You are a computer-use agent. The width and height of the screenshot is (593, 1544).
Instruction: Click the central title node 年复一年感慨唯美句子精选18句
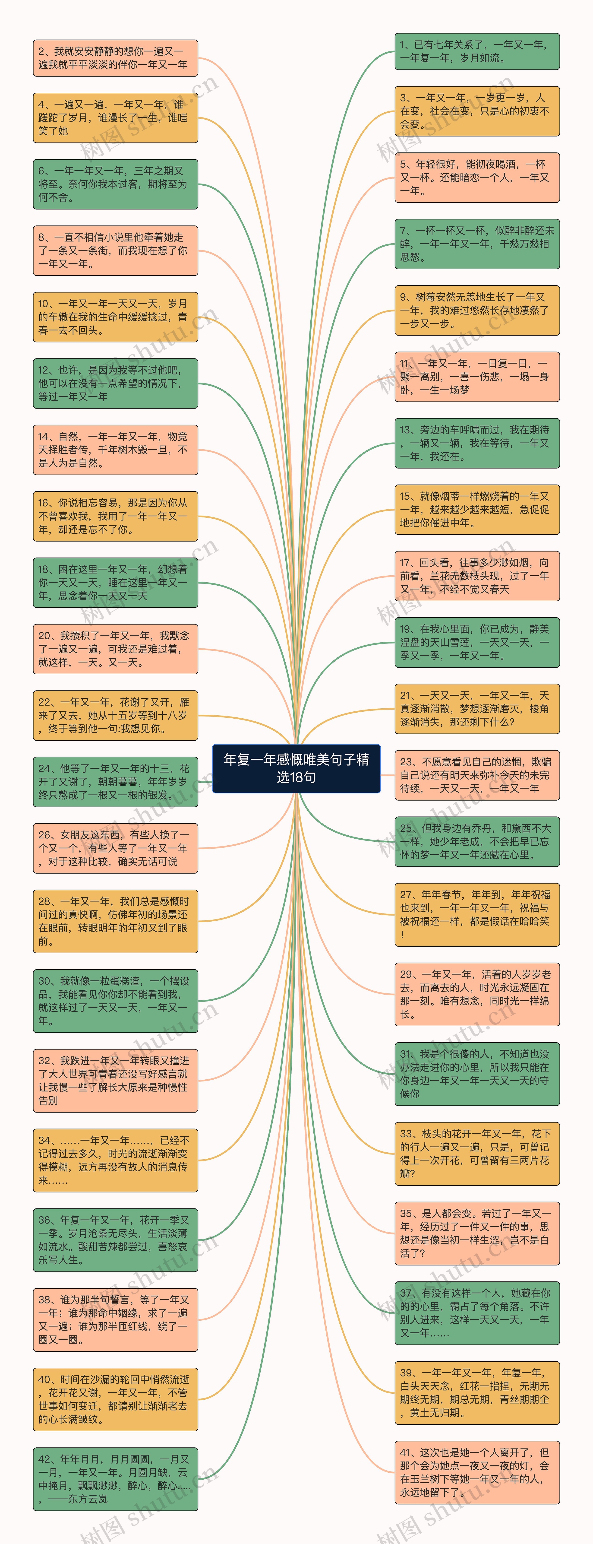click(296, 768)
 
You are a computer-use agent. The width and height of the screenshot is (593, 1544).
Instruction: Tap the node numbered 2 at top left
click(115, 58)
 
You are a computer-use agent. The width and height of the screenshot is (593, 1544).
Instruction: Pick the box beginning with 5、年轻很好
click(477, 178)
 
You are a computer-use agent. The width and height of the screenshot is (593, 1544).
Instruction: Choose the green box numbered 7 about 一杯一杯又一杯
click(477, 244)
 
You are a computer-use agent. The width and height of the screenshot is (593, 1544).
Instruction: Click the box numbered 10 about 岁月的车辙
click(115, 317)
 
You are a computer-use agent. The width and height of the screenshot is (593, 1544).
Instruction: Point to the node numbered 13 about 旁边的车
click(477, 443)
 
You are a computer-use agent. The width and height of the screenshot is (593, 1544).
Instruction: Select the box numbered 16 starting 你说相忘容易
click(115, 516)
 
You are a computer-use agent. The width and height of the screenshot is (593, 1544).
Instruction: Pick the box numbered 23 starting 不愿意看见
click(477, 775)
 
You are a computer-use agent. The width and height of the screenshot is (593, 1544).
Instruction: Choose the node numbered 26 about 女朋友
click(115, 848)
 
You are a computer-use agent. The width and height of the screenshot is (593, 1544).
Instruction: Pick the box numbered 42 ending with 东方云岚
click(115, 1479)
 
